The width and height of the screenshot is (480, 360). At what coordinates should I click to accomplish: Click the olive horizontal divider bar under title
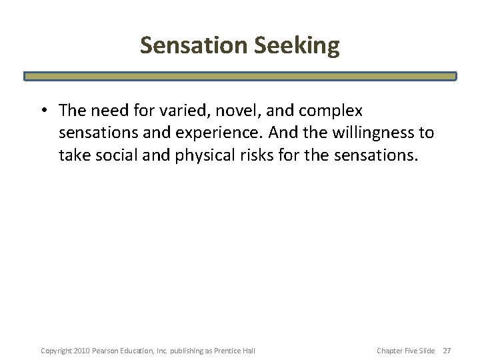(240, 76)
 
